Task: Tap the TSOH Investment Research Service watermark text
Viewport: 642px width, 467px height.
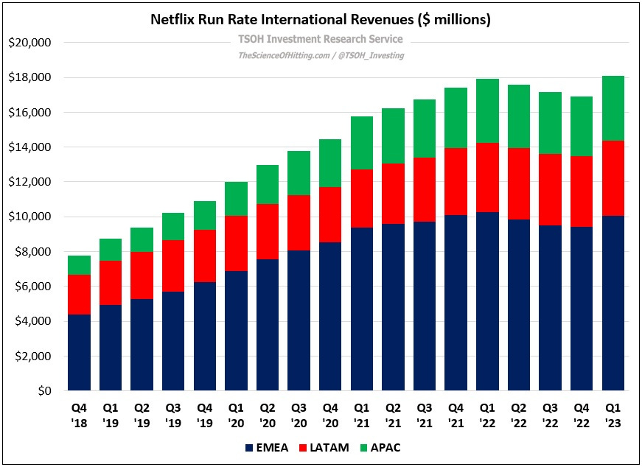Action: [x=321, y=39]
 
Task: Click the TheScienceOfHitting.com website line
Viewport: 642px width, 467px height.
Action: [x=321, y=55]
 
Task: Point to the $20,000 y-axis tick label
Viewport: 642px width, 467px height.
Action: [x=29, y=43]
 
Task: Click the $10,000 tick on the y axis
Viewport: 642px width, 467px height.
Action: [x=29, y=217]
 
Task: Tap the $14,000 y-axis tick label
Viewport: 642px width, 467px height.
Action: [x=29, y=147]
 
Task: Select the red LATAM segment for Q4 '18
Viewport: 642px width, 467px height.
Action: [x=79, y=295]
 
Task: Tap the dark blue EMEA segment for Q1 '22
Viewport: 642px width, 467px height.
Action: [x=488, y=301]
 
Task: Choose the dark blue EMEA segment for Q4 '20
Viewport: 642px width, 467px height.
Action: [x=331, y=317]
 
